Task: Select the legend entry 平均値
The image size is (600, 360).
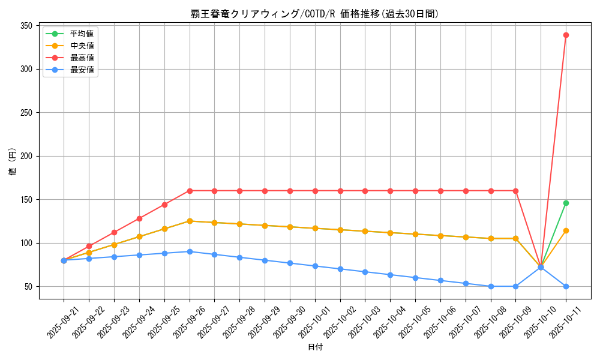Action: [x=82, y=34]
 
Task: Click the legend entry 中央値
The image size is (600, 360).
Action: [x=82, y=46]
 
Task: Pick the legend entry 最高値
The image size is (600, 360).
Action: [x=82, y=58]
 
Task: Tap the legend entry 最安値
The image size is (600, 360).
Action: [x=82, y=70]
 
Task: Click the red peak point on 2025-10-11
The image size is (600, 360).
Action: [x=566, y=35]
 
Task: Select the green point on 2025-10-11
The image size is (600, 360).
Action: [x=566, y=203]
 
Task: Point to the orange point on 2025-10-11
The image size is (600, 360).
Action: [x=566, y=230]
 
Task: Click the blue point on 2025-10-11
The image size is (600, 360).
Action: [x=566, y=286]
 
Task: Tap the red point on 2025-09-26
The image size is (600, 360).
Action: [x=190, y=191]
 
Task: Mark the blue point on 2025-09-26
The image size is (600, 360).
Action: [x=190, y=251]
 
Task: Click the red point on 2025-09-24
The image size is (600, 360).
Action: [x=139, y=218]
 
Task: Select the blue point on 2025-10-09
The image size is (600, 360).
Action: [x=515, y=286]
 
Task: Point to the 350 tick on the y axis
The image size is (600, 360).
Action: [x=26, y=26]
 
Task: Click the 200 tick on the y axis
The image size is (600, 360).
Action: [x=26, y=156]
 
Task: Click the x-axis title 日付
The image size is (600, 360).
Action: [x=314, y=347]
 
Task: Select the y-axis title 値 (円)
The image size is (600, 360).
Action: [x=12, y=162]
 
